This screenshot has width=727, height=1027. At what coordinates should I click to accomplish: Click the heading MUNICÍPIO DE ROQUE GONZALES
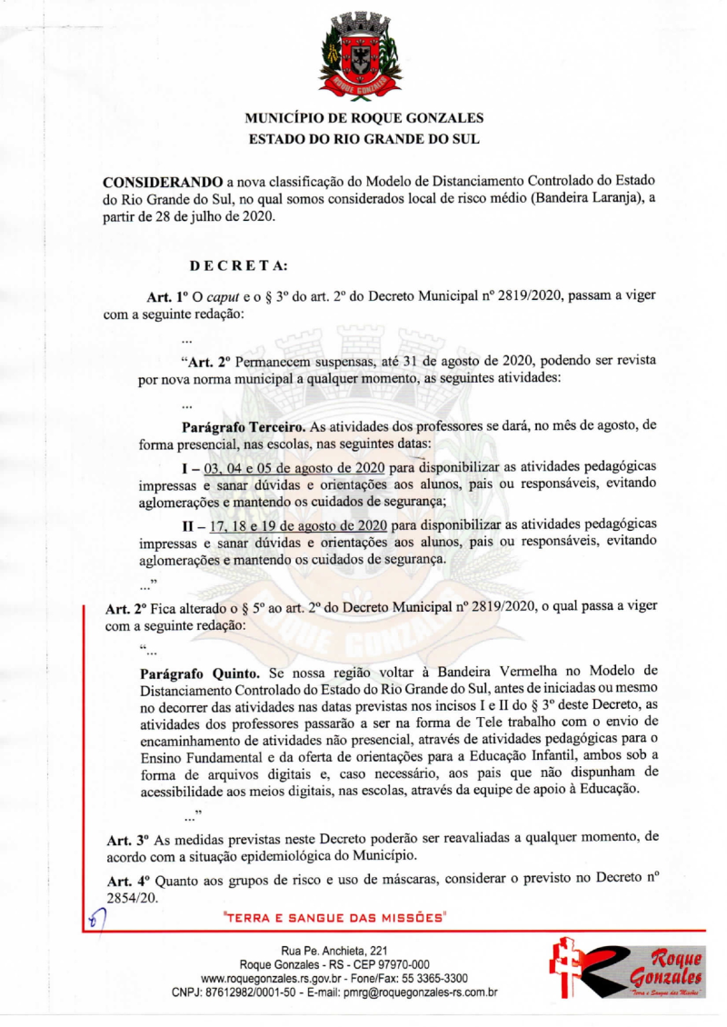point(363,118)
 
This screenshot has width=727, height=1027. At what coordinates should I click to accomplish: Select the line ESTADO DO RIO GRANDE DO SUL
point(363,140)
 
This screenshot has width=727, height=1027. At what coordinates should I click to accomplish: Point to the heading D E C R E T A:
point(238,266)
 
